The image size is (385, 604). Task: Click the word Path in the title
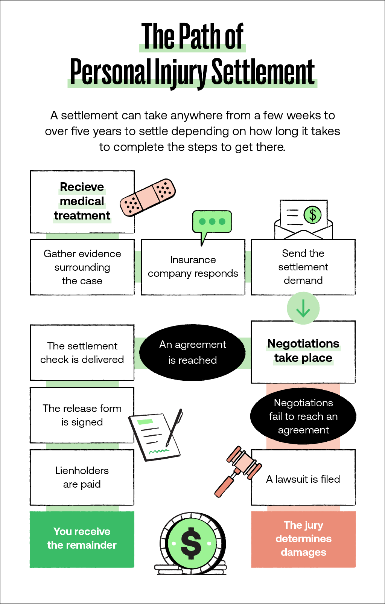click(x=200, y=36)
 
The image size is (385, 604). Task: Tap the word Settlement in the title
click(x=263, y=72)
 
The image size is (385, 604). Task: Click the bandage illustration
click(x=148, y=197)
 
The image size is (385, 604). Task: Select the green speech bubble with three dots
click(x=212, y=222)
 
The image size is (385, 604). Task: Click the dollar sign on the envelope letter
click(x=313, y=215)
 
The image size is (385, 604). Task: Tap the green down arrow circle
click(x=303, y=308)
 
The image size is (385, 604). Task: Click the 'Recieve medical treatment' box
click(x=82, y=201)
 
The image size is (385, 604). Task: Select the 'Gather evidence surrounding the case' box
click(x=82, y=267)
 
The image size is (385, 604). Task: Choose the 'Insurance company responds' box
click(x=193, y=267)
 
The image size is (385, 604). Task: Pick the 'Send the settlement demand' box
click(x=303, y=267)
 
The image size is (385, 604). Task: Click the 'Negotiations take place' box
click(x=303, y=352)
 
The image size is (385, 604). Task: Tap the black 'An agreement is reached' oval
click(x=192, y=352)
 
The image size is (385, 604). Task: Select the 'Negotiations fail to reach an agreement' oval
click(x=303, y=416)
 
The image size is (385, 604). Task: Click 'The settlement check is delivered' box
click(x=82, y=352)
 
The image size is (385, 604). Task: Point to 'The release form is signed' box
click(x=82, y=415)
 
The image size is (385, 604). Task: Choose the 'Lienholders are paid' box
click(x=82, y=477)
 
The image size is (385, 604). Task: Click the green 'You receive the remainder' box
click(x=82, y=539)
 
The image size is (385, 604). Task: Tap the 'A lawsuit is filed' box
click(x=303, y=479)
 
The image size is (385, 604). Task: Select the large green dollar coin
click(x=191, y=543)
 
